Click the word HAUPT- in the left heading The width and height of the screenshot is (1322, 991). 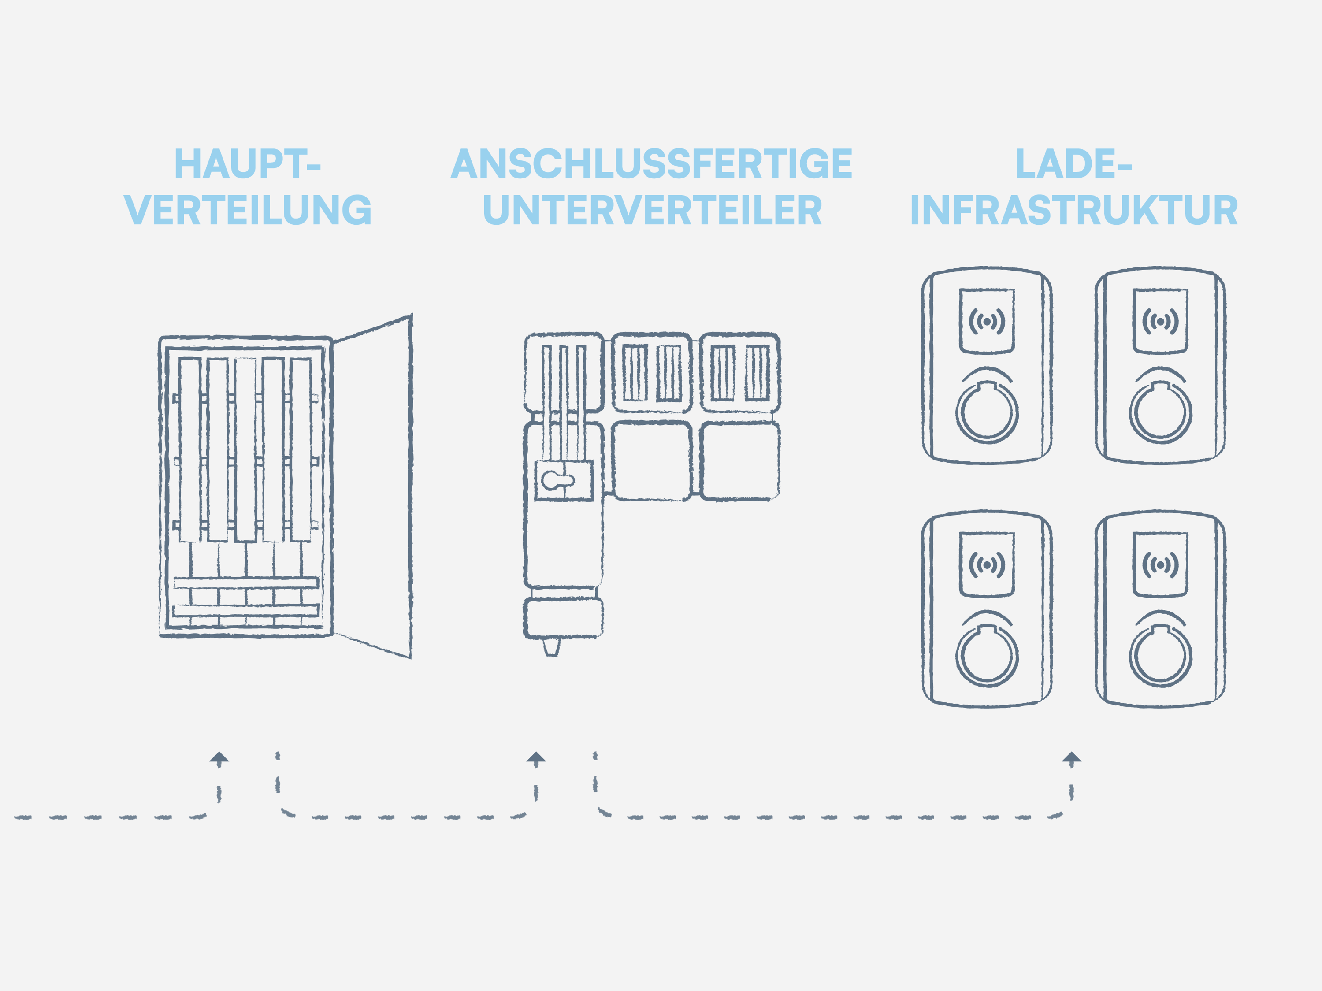(x=247, y=164)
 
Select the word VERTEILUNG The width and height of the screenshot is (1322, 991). (x=247, y=210)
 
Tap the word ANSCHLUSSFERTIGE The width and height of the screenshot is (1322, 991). (x=651, y=164)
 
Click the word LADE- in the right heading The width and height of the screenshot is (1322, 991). (x=1073, y=164)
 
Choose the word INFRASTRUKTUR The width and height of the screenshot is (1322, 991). (x=1073, y=210)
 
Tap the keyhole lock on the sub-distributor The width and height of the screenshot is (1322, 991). (x=557, y=480)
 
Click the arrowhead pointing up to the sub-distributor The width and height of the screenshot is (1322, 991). (x=536, y=758)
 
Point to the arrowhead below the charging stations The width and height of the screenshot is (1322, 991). (x=1072, y=758)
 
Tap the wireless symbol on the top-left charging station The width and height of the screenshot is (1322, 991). (x=987, y=322)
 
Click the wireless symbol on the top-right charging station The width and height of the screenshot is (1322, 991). (x=1160, y=322)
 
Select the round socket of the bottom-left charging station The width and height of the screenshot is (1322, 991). (x=987, y=656)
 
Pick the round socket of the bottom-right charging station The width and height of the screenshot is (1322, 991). (x=1160, y=656)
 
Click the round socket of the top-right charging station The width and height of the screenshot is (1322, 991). (x=1160, y=412)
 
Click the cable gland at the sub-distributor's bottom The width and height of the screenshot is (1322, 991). (x=551, y=647)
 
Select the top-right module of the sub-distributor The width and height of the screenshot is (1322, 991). (x=740, y=372)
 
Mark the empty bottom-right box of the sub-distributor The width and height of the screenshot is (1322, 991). (x=740, y=461)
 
